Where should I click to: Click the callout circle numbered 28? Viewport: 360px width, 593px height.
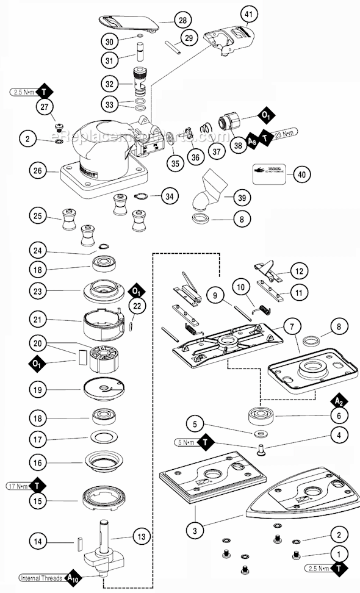click(182, 20)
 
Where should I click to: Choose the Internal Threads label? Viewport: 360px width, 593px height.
click(38, 578)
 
